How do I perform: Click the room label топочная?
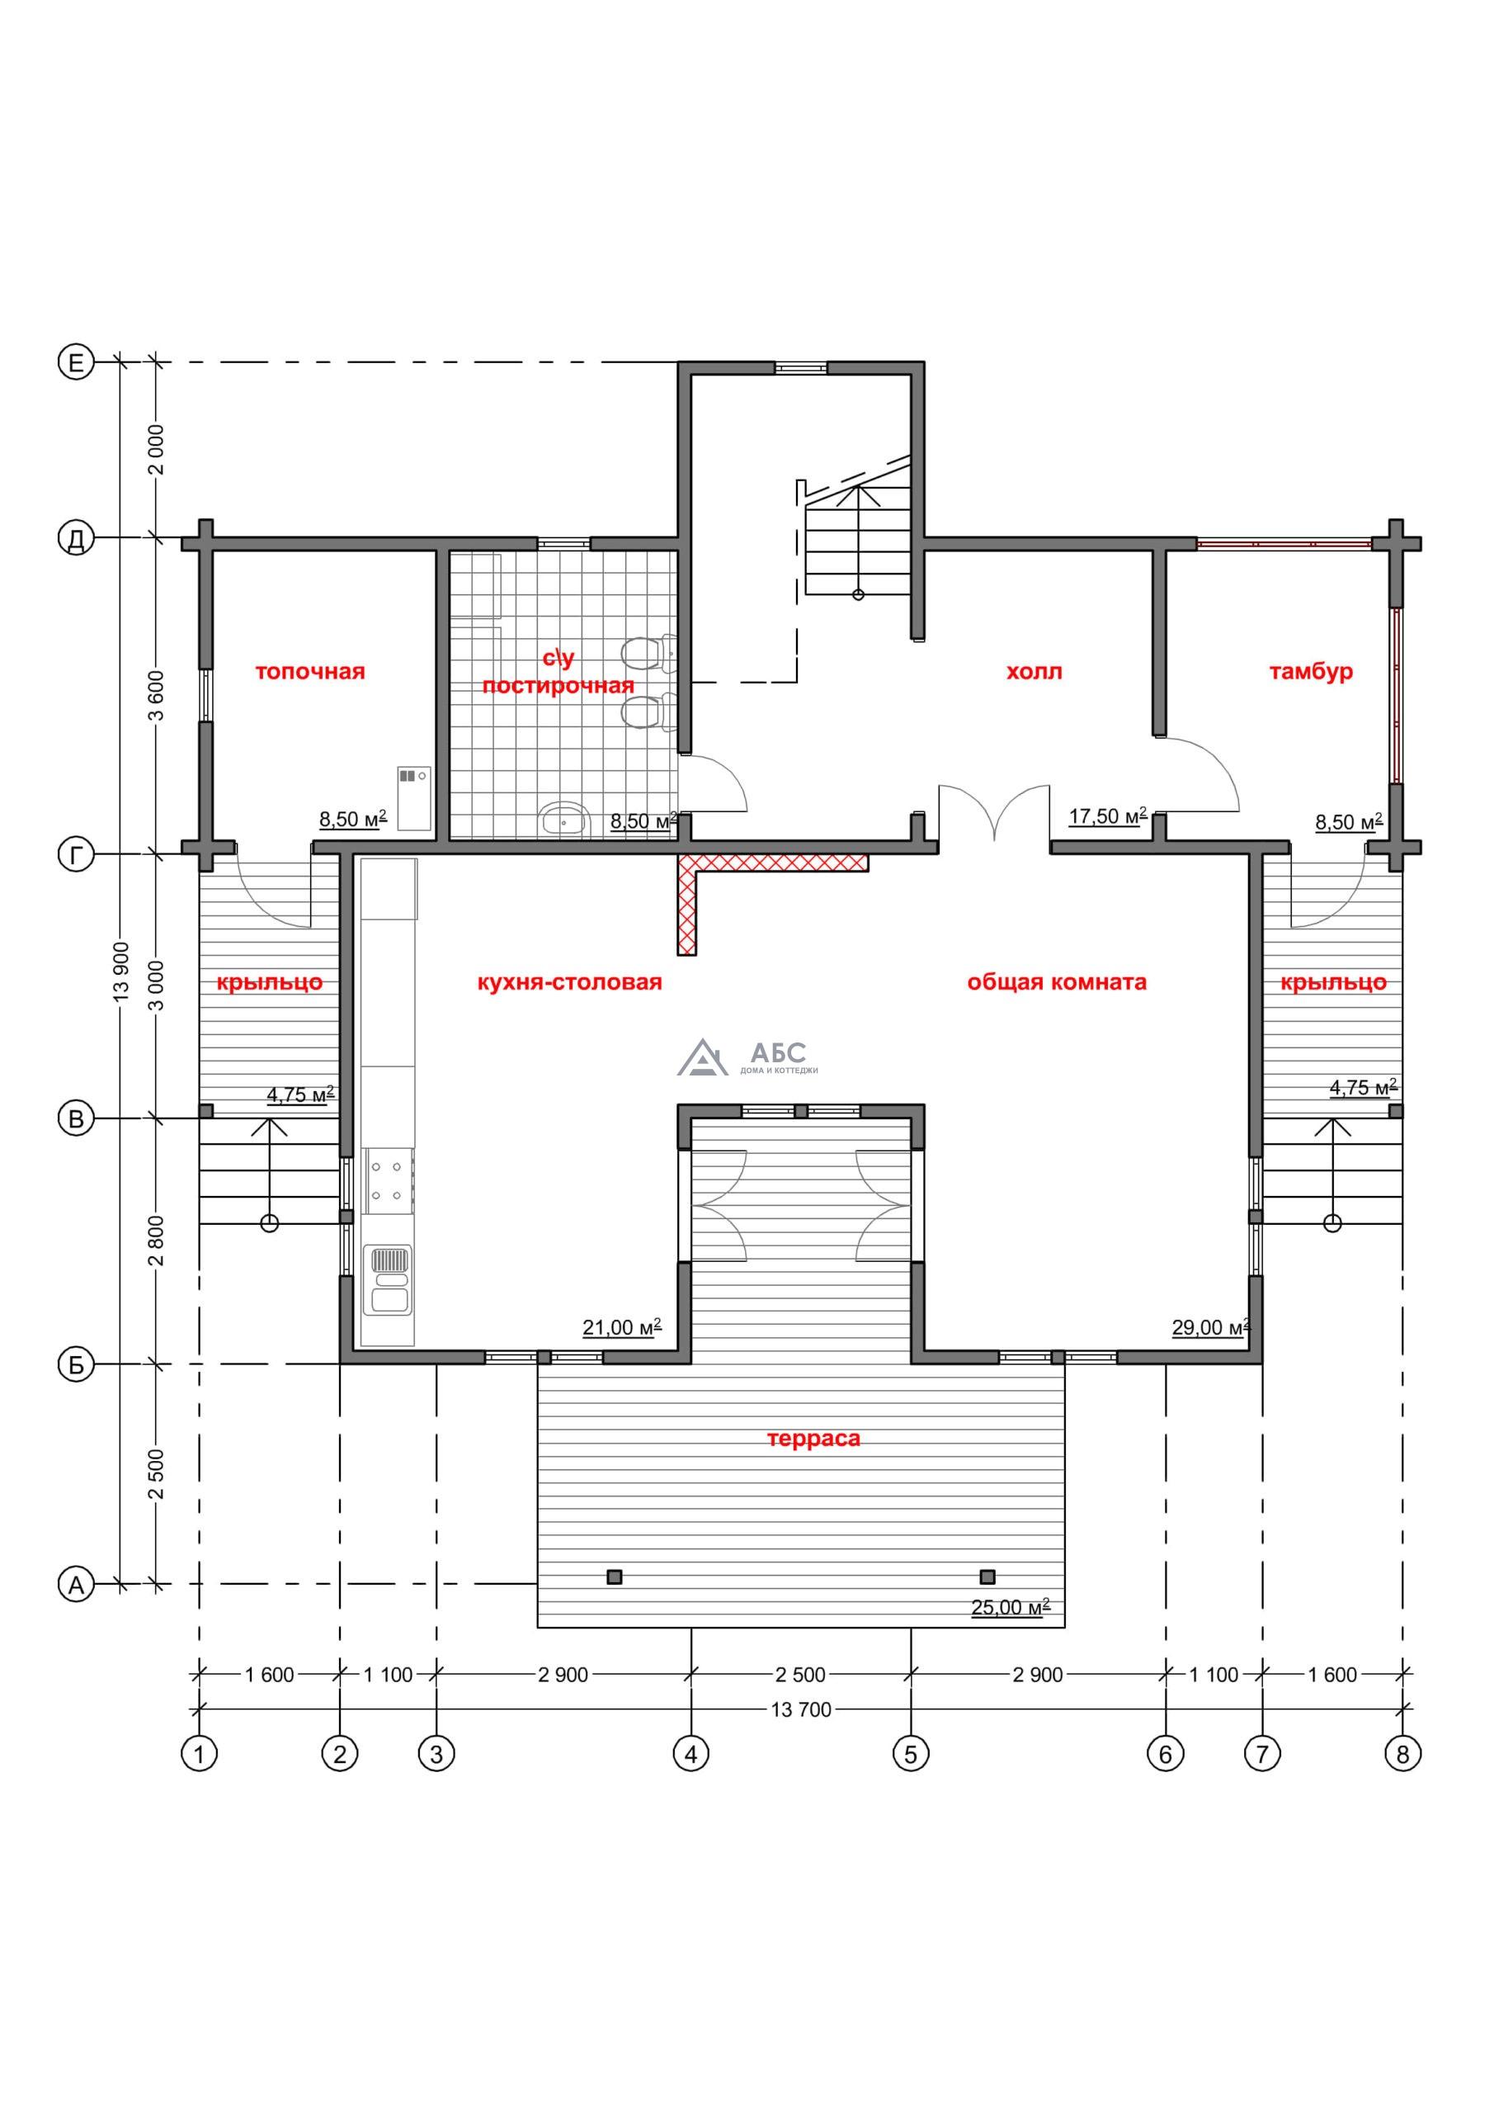pyautogui.click(x=310, y=672)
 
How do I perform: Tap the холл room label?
pyautogui.click(x=1034, y=672)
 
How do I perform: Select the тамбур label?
pyautogui.click(x=1311, y=672)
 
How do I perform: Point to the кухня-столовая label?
pyautogui.click(x=569, y=982)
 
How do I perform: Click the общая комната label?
pyautogui.click(x=1057, y=982)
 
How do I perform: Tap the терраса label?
pyautogui.click(x=814, y=1439)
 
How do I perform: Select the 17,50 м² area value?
pyautogui.click(x=1108, y=815)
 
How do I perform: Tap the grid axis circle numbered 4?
pyautogui.click(x=690, y=1754)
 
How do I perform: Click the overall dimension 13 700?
pyautogui.click(x=801, y=1709)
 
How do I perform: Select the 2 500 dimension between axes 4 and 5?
pyautogui.click(x=801, y=1674)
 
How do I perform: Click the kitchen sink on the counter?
pyautogui.click(x=389, y=1279)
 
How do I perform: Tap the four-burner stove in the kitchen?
pyautogui.click(x=389, y=1181)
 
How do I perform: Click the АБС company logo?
pyautogui.click(x=748, y=1057)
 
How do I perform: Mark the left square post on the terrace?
pyautogui.click(x=615, y=1576)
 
